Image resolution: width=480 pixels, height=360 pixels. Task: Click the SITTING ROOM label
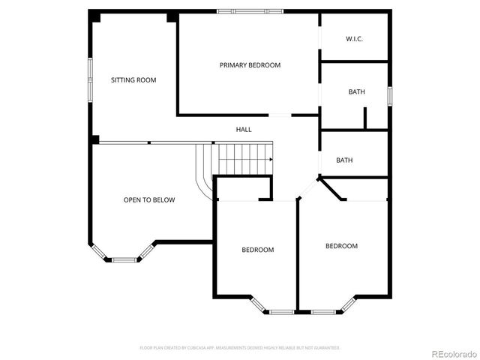coord(133,79)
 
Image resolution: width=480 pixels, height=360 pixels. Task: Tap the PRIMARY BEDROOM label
coord(250,65)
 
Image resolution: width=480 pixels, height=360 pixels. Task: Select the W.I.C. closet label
coord(354,38)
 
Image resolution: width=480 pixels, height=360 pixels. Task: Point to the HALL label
coord(244,130)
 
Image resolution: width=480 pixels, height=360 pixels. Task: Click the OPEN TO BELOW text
coord(149,200)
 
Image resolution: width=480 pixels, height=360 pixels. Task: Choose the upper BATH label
coord(356,91)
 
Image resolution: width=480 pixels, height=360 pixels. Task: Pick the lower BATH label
coord(344,160)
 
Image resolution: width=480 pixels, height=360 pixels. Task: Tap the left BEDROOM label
coord(257,250)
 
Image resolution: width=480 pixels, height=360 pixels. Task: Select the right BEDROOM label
coord(341,246)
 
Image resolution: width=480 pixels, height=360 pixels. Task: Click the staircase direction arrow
coord(268,160)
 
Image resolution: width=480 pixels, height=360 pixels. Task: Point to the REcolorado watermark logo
coord(451,353)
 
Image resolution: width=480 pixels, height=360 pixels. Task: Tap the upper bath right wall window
coord(390,95)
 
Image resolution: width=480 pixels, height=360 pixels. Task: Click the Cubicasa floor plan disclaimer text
coord(240,348)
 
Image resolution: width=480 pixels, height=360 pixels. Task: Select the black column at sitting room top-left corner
coord(94,16)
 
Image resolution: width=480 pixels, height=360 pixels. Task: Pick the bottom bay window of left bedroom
coord(282,311)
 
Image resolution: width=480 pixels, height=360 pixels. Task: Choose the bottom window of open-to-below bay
coord(126,259)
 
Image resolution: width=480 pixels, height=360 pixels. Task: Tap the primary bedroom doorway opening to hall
coord(280,115)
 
